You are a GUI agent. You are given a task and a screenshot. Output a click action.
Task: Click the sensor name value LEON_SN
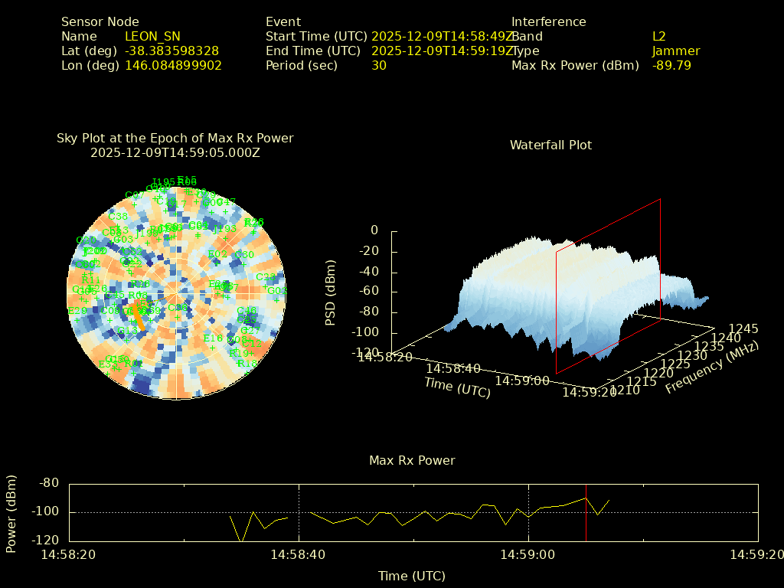coord(152,37)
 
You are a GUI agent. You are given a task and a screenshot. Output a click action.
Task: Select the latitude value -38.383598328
coord(171,51)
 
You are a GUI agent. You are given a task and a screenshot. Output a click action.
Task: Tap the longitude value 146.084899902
coord(173,66)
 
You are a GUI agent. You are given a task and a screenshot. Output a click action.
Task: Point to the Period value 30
coord(379,66)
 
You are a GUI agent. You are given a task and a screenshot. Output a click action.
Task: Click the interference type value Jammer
coord(676,51)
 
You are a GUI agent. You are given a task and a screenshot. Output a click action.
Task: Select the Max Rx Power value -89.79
coord(671,66)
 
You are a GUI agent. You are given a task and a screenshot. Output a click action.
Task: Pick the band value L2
coord(659,37)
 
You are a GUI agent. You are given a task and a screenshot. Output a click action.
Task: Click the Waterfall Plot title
coord(550,145)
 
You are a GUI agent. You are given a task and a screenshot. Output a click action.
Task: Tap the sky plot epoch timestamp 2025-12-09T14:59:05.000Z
coord(175,152)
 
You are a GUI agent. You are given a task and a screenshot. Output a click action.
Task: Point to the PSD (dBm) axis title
coord(331,292)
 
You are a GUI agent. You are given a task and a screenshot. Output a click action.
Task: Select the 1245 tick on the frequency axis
coord(743,328)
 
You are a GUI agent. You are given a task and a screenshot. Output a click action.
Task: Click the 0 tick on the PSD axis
coord(374,230)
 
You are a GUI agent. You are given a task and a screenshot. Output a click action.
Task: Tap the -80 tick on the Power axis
coord(50,483)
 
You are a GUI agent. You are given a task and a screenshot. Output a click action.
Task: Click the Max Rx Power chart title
coord(412,461)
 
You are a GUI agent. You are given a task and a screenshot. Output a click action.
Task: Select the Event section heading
coord(283,22)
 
